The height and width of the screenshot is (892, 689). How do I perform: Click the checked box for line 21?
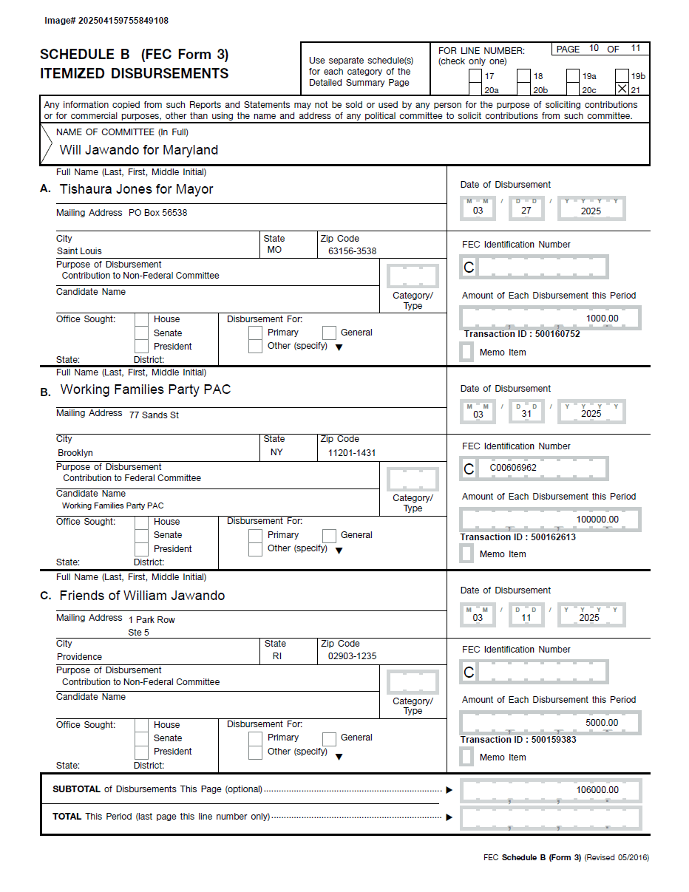pyautogui.click(x=622, y=89)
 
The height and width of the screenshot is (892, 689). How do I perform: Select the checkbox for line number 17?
pyautogui.click(x=475, y=75)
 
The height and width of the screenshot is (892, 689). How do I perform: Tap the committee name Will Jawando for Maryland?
pyautogui.click(x=139, y=150)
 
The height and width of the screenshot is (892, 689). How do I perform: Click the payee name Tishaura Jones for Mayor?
pyautogui.click(x=136, y=189)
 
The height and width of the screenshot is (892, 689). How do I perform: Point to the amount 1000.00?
pyautogui.click(x=602, y=319)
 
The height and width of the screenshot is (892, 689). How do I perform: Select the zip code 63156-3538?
pyautogui.click(x=352, y=251)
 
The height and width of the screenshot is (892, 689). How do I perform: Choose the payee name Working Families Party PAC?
pyautogui.click(x=145, y=389)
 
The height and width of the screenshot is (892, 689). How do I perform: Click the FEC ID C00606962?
pyautogui.click(x=513, y=468)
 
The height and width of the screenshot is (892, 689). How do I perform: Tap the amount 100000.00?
pyautogui.click(x=597, y=520)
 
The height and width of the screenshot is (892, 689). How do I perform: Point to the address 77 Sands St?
pyautogui.click(x=154, y=415)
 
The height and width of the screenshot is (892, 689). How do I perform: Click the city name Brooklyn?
pyautogui.click(x=75, y=453)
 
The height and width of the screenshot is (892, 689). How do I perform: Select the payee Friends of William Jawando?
pyautogui.click(x=142, y=596)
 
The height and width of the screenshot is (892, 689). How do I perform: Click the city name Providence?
pyautogui.click(x=79, y=657)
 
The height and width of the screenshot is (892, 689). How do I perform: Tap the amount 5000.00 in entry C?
pyautogui.click(x=602, y=723)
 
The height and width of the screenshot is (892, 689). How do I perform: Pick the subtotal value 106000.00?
pyautogui.click(x=597, y=790)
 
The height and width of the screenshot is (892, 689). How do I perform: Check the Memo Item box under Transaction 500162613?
pyautogui.click(x=466, y=554)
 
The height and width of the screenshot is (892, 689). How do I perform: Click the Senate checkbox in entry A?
pyautogui.click(x=141, y=333)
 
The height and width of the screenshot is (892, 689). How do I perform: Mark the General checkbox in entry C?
pyautogui.click(x=329, y=738)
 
